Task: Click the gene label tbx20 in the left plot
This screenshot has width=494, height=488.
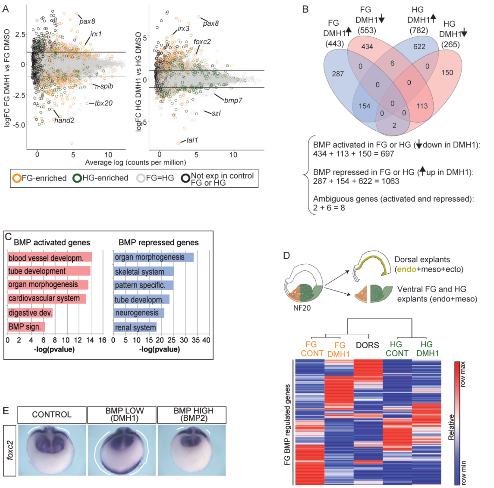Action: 104,103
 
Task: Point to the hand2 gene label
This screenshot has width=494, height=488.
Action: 64,120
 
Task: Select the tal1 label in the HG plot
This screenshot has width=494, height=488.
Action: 192,140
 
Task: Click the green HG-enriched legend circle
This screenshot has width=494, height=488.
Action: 77,178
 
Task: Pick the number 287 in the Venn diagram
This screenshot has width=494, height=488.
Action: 338,74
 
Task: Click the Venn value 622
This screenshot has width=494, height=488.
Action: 419,47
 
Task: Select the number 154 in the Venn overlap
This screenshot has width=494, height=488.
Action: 364,106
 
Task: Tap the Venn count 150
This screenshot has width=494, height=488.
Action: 447,73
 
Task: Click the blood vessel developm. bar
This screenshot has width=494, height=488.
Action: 50,257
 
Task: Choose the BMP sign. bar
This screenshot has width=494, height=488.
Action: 26,327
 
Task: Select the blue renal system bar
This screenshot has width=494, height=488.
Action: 135,327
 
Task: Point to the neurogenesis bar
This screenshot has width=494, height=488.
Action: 139,313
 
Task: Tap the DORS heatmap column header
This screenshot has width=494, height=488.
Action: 367,345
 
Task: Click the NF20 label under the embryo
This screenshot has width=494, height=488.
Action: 302,308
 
